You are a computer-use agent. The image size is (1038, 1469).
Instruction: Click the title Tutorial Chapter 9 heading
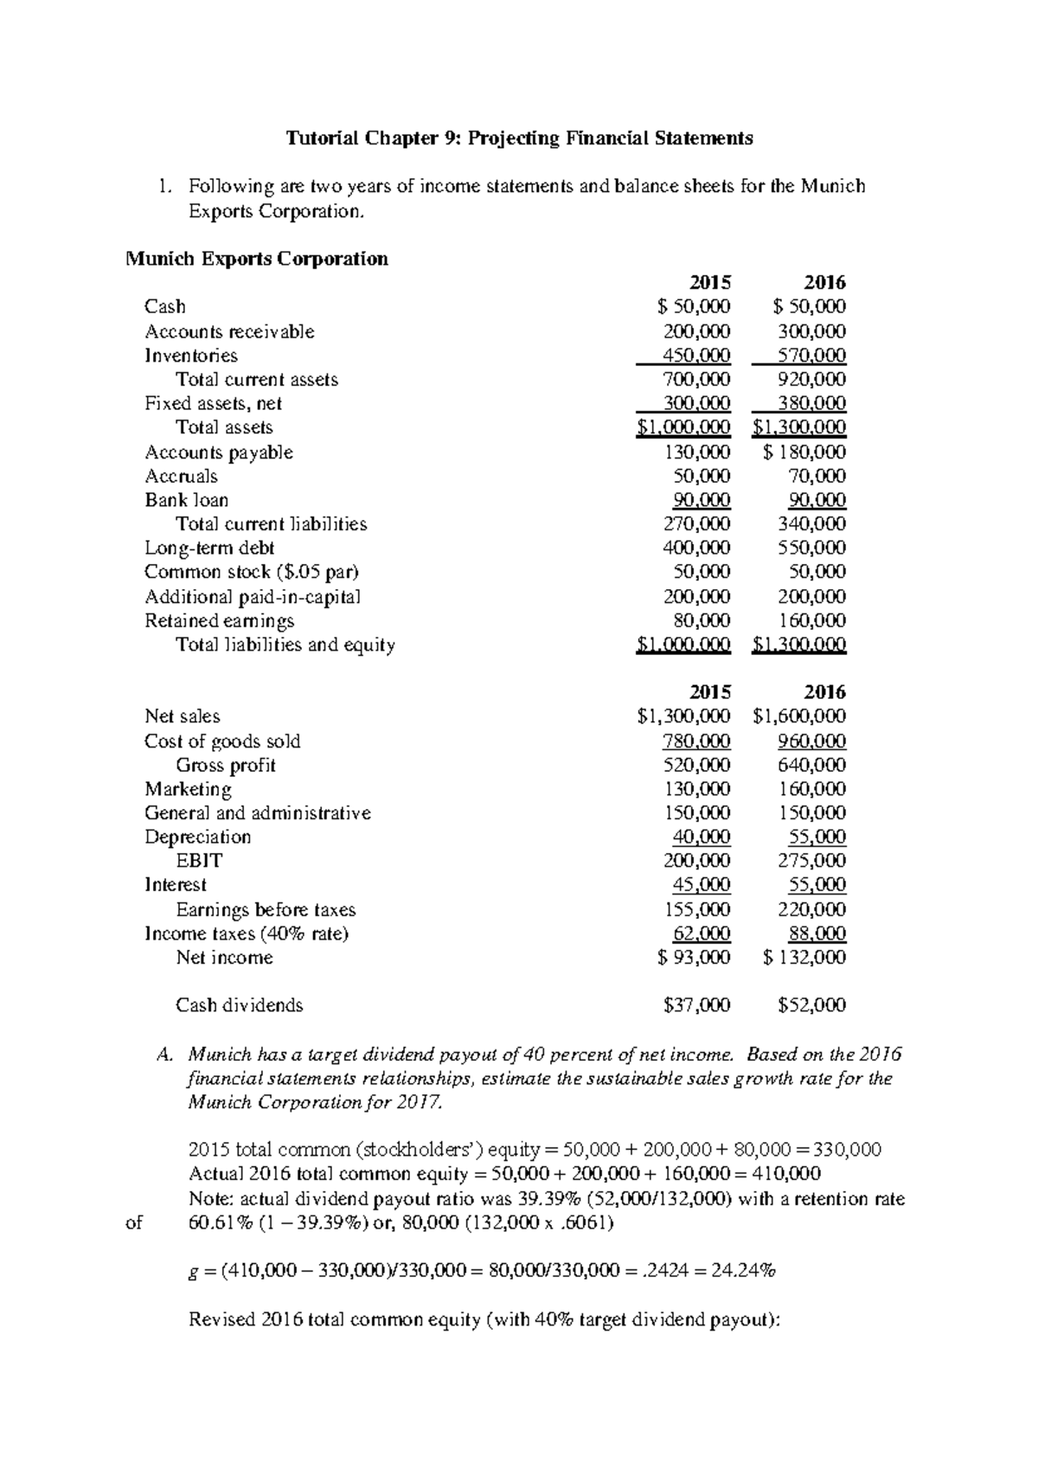tap(519, 138)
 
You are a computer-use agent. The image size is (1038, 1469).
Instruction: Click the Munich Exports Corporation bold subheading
tap(257, 259)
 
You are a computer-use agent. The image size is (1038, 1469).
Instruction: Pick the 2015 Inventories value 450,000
tap(696, 356)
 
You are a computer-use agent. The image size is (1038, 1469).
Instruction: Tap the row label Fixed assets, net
tap(213, 403)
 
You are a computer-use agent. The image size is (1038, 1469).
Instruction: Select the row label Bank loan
tap(186, 500)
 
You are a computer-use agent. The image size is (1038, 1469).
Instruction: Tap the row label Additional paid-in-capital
tap(252, 597)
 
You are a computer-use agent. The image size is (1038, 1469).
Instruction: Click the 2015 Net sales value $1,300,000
tap(683, 716)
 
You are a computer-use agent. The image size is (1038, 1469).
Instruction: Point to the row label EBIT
tap(199, 861)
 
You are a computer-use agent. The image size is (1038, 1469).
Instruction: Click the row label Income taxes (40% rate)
tap(246, 933)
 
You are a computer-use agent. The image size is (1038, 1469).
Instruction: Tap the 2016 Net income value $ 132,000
tap(805, 958)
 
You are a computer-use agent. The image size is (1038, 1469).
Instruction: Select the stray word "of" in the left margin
tap(135, 1223)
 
